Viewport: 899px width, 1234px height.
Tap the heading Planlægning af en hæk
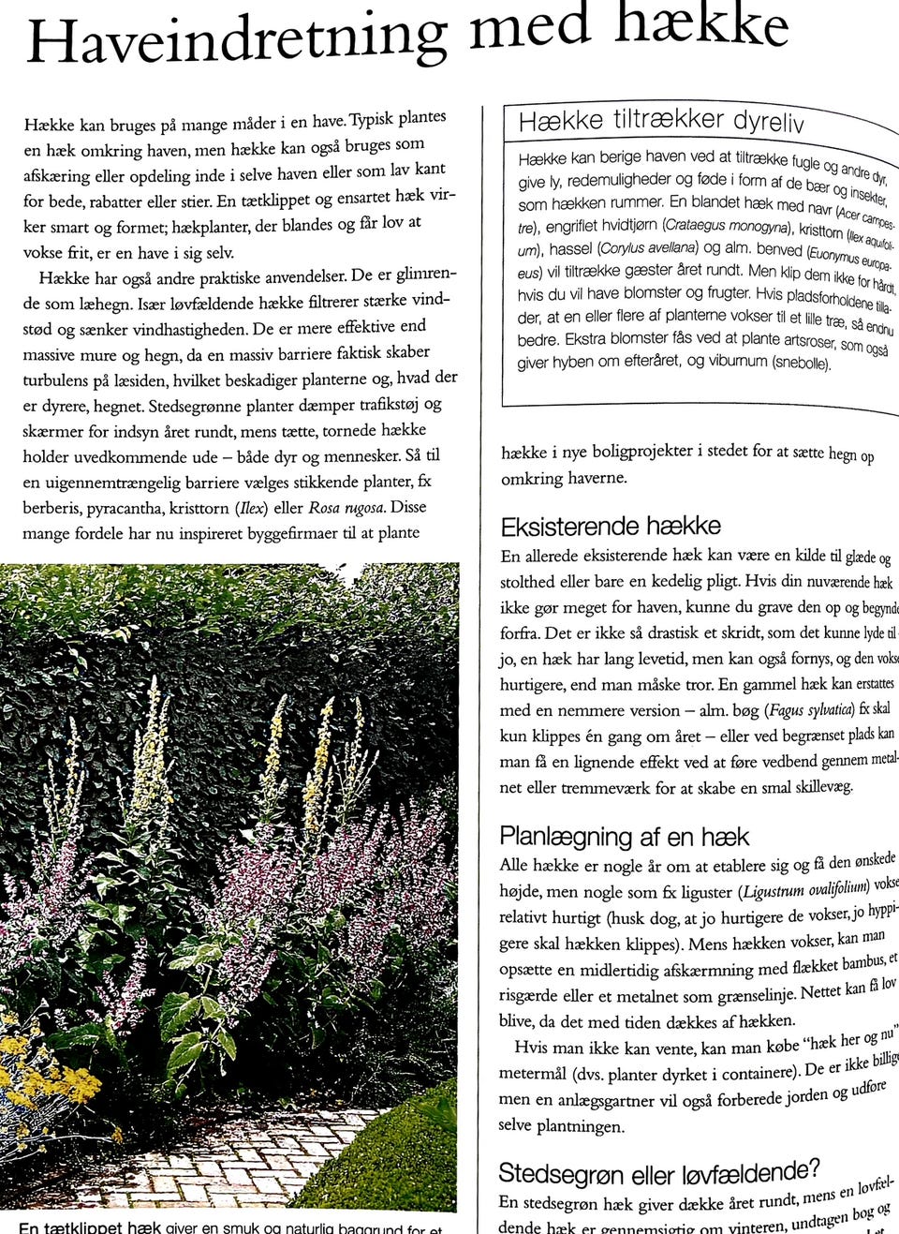click(x=624, y=836)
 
